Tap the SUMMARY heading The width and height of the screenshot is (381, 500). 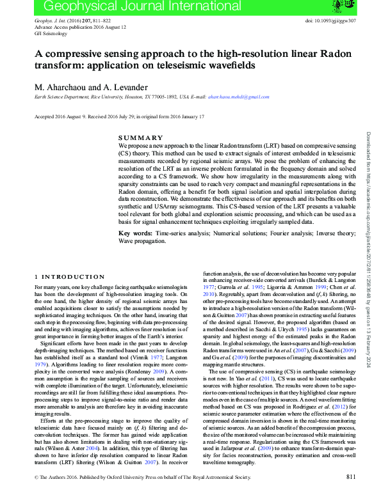(141, 138)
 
